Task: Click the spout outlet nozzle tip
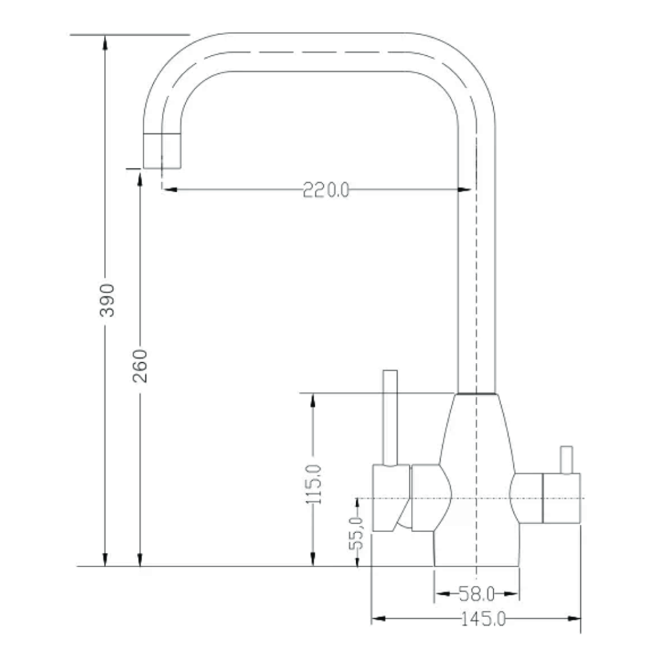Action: point(161,151)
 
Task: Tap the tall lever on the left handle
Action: point(390,417)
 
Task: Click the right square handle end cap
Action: point(561,498)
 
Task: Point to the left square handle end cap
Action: point(390,498)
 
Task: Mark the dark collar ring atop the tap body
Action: point(476,393)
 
